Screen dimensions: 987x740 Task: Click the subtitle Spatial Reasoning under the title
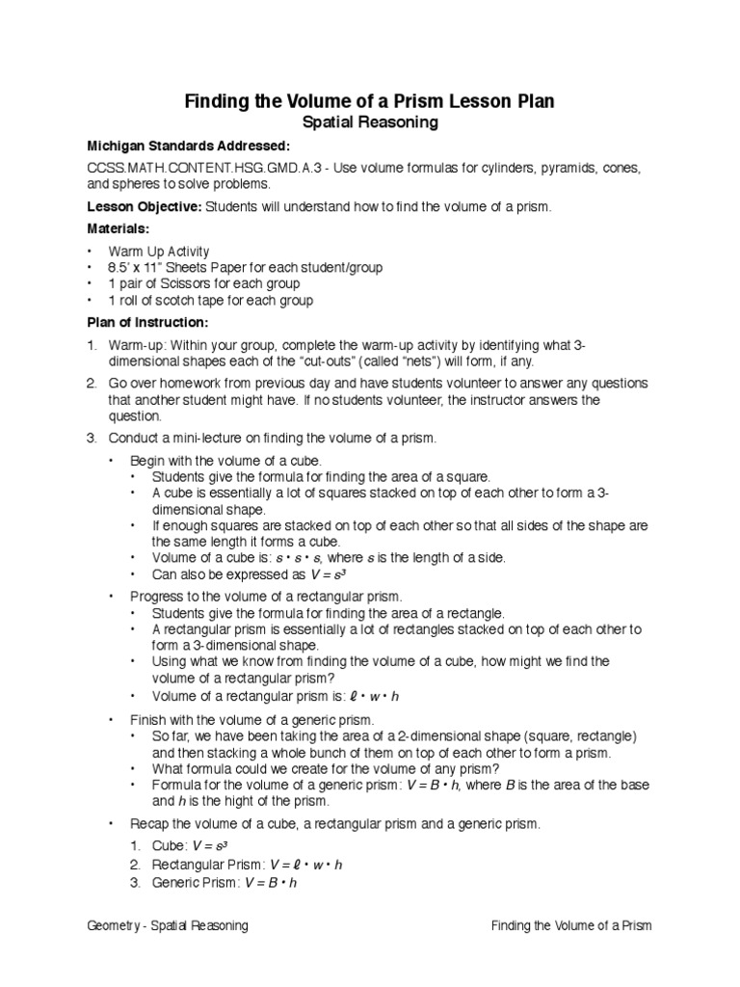370,122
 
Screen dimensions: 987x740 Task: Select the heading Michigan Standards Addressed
187,147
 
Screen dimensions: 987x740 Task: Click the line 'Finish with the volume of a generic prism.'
251,720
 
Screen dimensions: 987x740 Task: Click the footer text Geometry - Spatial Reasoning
168,926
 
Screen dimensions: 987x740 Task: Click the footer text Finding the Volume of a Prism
571,926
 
